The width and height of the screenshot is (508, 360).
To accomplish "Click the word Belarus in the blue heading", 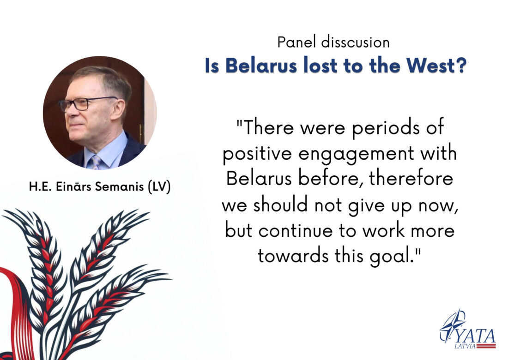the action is (261, 66).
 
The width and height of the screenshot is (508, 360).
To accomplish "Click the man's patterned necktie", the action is (96, 162).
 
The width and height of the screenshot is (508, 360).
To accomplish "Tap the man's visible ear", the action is (118, 108).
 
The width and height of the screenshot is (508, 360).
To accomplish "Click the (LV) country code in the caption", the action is (159, 187).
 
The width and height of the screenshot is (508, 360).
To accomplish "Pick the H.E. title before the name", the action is (41, 187).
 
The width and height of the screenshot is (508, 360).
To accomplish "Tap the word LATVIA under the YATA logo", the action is (465, 347).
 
